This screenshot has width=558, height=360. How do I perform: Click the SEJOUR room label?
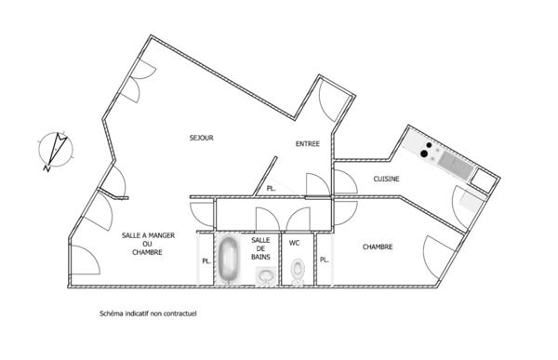coord(202,138)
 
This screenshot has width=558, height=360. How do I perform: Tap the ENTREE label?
coord(308,144)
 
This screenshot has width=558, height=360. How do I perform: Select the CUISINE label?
coord(386,179)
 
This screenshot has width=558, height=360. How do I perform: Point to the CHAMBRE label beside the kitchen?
coord(378,247)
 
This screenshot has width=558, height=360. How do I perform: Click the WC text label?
coord(294,243)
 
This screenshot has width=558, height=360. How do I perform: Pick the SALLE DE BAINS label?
coord(260,248)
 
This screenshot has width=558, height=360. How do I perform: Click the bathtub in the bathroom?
coord(229,259)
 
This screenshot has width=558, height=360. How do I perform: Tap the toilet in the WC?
coord(298,272)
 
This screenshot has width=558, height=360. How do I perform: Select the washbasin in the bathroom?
coord(266,275)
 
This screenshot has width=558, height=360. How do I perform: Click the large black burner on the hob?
coord(424,153)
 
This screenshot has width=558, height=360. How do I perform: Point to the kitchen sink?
coord(455,165)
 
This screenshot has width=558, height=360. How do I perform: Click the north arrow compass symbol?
coord(56,151)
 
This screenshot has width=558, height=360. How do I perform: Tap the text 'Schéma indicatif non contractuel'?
coord(148,313)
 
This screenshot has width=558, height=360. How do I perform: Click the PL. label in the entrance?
coord(272,189)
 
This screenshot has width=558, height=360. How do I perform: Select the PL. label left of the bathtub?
coord(206,261)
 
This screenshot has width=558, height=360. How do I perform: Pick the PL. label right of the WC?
coord(325,260)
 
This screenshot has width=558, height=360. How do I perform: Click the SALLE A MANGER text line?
coord(148,235)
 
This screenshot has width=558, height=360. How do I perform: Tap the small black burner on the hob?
coord(429,145)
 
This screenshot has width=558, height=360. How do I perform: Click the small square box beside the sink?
coord(482,180)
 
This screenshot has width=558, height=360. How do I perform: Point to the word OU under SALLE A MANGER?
coord(147,244)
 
